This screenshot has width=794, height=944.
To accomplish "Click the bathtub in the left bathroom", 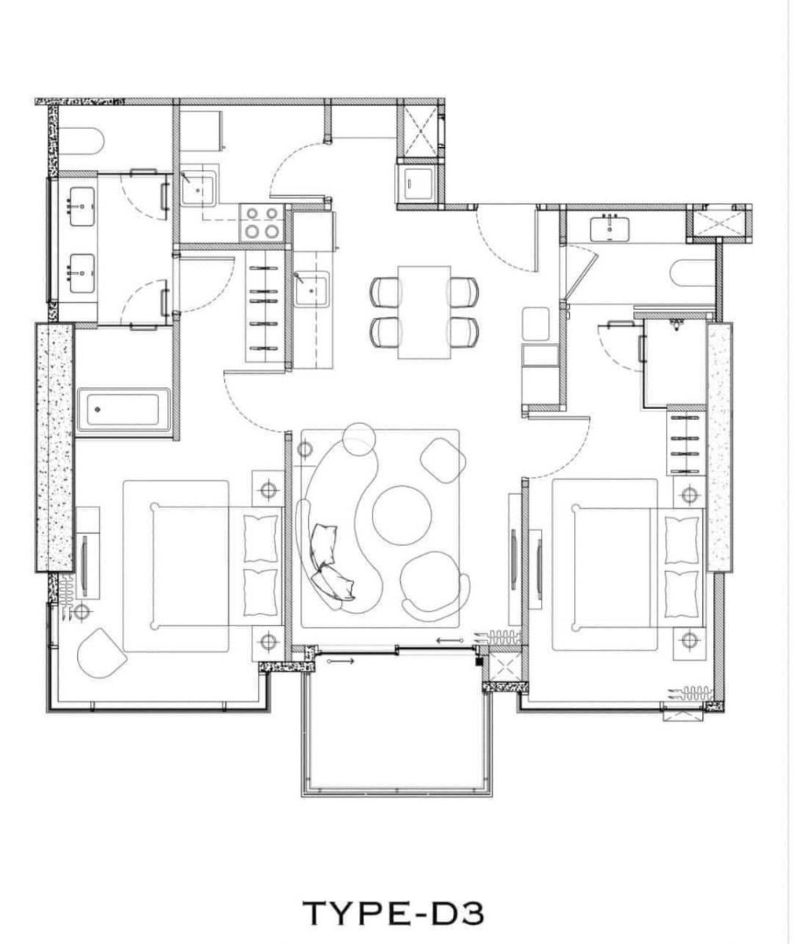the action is point(123,409).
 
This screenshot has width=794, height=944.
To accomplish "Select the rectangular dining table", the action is point(425,312).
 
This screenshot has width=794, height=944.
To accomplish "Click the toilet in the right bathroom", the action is point(692,274).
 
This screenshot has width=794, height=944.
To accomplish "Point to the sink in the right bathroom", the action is point(609,228).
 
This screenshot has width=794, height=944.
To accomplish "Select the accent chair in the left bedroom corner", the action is point(101,653).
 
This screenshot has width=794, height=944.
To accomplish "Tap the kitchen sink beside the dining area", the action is point(311,289).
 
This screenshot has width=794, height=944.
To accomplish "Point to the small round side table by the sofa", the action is point(358,437).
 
